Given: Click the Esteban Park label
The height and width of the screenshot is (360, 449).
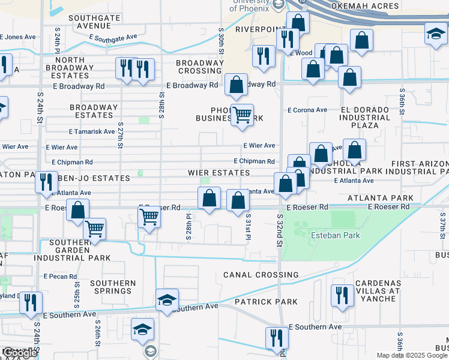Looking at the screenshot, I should click(335, 235).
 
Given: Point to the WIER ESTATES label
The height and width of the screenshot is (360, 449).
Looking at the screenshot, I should click(219, 173).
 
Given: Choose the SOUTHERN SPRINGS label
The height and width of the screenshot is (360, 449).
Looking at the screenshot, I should click(112, 287).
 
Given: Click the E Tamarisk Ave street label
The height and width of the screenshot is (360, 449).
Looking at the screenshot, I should click(91, 131).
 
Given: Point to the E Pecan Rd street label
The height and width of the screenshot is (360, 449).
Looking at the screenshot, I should click(61, 276).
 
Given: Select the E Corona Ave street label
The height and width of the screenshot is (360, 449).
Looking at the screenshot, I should click(307, 110).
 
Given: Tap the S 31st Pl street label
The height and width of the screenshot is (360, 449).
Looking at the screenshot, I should click(247, 228).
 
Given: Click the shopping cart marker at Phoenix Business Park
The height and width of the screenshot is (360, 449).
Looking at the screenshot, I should click(242, 114).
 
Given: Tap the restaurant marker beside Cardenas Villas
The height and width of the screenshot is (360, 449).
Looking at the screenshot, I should click(342, 295).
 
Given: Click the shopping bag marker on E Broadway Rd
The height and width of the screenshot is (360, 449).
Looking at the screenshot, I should click(237, 85).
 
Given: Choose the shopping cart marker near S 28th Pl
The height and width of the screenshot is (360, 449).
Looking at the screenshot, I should click(148, 217).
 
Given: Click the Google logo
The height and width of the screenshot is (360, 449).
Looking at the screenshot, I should click(19, 353).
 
